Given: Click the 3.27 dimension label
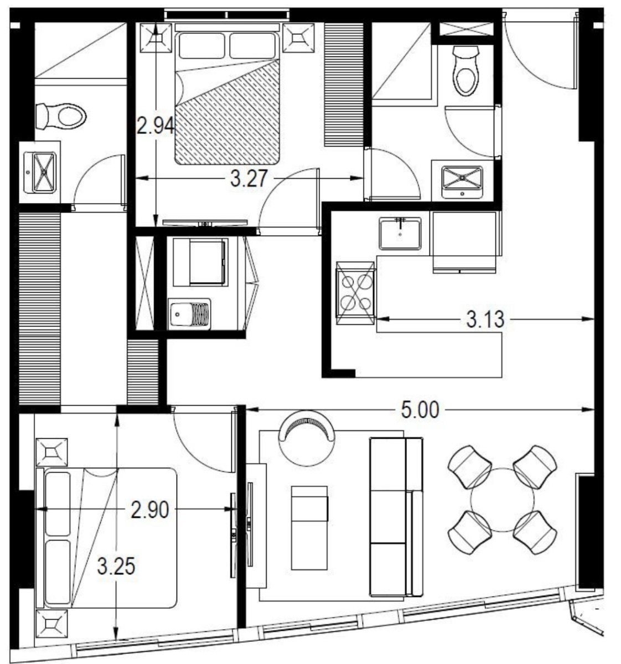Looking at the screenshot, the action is click(x=249, y=178).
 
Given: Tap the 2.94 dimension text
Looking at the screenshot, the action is click(x=156, y=126).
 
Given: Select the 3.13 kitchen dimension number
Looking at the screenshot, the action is click(x=485, y=319).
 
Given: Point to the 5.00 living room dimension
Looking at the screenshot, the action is click(x=420, y=410).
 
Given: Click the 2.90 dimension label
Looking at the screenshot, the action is click(x=149, y=511).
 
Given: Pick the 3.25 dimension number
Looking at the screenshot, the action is click(x=116, y=567).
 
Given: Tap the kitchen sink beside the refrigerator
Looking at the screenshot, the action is click(x=400, y=233).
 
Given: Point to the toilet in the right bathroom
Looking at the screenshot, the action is click(x=465, y=71).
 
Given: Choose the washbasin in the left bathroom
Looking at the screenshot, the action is click(x=40, y=173).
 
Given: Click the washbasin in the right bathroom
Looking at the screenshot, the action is click(x=462, y=181).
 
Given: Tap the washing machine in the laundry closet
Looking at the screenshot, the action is click(x=201, y=262).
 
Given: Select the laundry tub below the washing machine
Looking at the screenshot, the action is click(x=189, y=313).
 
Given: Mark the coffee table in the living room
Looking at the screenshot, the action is click(x=309, y=527).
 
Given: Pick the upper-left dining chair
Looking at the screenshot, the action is click(x=469, y=466).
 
